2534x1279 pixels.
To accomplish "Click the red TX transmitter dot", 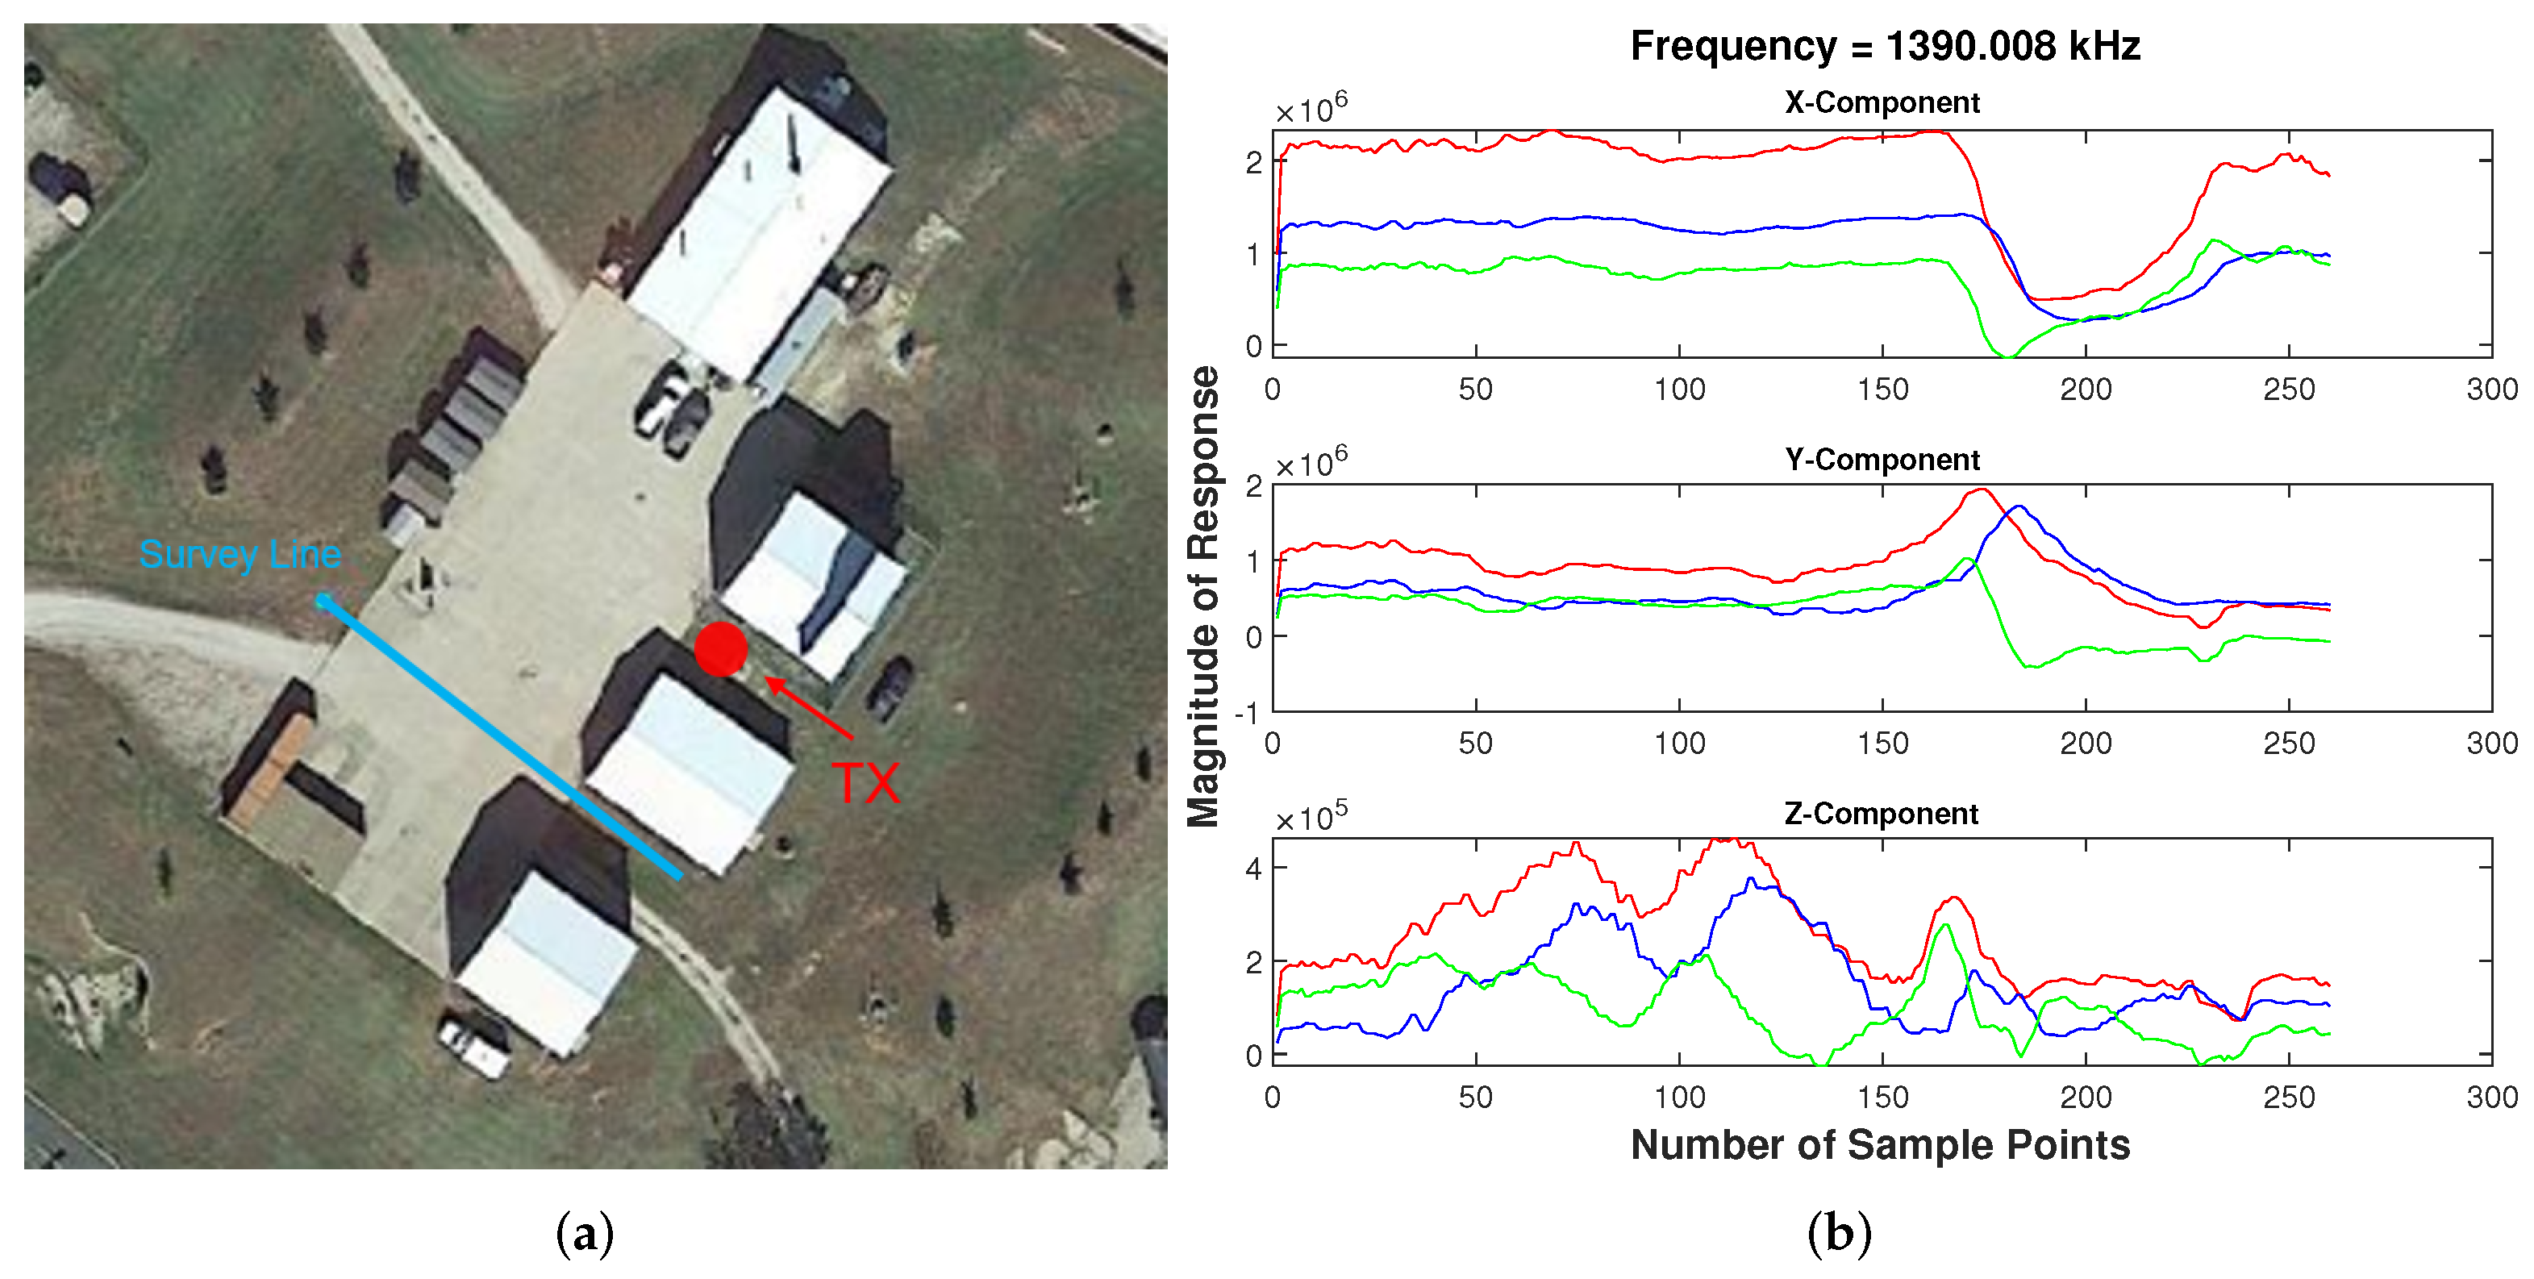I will click(x=721, y=648).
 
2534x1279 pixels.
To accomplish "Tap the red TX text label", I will click(x=865, y=784).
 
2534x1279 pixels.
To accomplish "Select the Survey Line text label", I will click(x=240, y=555).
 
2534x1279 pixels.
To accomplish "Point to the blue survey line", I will click(x=502, y=738).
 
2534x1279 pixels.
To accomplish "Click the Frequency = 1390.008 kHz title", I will click(x=1885, y=46).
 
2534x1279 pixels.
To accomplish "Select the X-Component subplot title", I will click(x=1882, y=102).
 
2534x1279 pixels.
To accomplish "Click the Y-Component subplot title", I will click(x=1882, y=460).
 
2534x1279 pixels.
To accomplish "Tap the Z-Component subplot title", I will click(x=1881, y=814).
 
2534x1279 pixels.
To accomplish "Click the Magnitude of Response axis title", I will click(x=1204, y=596).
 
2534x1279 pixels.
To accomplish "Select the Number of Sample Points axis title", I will click(x=1880, y=1145).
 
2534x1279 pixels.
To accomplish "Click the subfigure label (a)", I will click(x=585, y=1233).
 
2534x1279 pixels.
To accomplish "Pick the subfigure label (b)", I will click(x=1839, y=1233).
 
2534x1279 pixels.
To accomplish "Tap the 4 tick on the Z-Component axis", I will click(x=1253, y=868).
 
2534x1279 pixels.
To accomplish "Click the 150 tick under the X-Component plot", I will click(x=1882, y=390).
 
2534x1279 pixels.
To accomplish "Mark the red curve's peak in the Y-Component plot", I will click(x=1982, y=490).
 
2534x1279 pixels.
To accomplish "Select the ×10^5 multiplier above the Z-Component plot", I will click(x=1311, y=818).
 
